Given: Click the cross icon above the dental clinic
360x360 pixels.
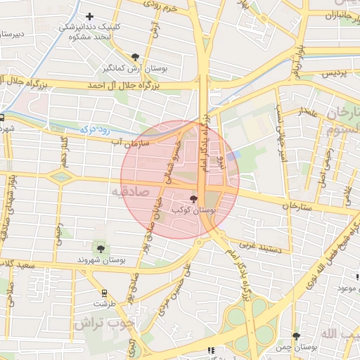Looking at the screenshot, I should click(x=89, y=16).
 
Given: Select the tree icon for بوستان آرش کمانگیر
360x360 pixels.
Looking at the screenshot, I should click(x=135, y=57).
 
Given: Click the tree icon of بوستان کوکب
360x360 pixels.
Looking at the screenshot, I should click(x=194, y=200).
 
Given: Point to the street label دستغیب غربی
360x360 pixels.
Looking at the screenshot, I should click(x=260, y=246).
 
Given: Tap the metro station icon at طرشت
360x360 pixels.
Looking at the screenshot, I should click(x=105, y=293).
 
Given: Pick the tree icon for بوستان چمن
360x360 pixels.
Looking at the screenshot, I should click(x=296, y=336).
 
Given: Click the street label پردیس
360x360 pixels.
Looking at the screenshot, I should click(x=335, y=73).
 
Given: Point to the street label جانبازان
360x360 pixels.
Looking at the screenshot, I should click(x=338, y=15).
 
